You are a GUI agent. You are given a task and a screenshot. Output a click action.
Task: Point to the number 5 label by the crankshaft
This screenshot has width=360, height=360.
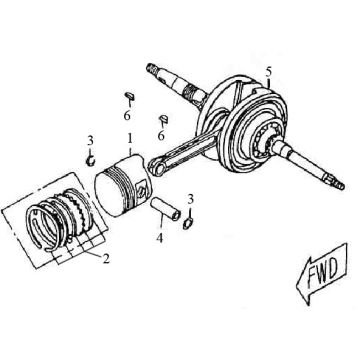pyautogui.click(x=268, y=69)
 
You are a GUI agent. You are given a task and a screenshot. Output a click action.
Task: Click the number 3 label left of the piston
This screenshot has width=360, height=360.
pyautogui.click(x=90, y=139)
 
